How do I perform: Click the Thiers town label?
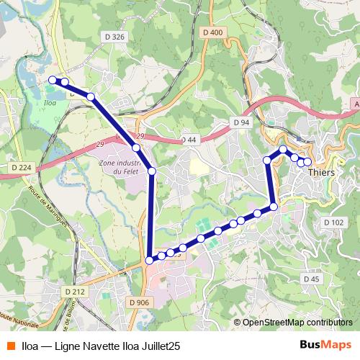[x=321, y=173]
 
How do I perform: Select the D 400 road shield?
[x=213, y=32]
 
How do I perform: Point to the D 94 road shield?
[x=241, y=122]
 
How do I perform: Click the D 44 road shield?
[x=189, y=139]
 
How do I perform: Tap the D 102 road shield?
[x=334, y=222]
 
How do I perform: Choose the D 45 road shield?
[x=311, y=279]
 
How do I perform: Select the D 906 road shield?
[x=141, y=302]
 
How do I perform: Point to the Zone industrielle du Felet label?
[x=118, y=168]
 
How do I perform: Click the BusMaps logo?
[x=326, y=346]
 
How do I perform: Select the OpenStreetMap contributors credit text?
[x=297, y=323]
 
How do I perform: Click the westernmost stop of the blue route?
[x=53, y=80]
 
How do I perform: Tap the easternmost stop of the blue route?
[x=307, y=162]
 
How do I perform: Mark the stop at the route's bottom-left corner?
[x=149, y=261]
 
